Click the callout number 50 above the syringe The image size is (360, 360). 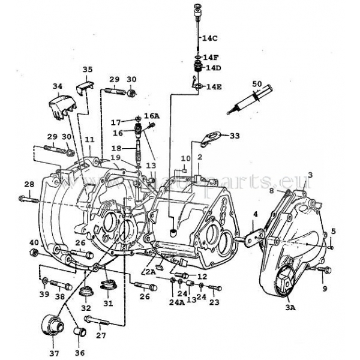(x=257, y=83)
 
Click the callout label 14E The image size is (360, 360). (x=215, y=87)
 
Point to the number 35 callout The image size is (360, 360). (x=87, y=70)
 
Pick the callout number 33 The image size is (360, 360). (x=234, y=136)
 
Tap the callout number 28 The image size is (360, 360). (x=29, y=184)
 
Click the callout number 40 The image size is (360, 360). (x=34, y=242)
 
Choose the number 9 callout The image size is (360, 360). (x=326, y=289)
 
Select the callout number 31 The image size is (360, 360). (x=108, y=302)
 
